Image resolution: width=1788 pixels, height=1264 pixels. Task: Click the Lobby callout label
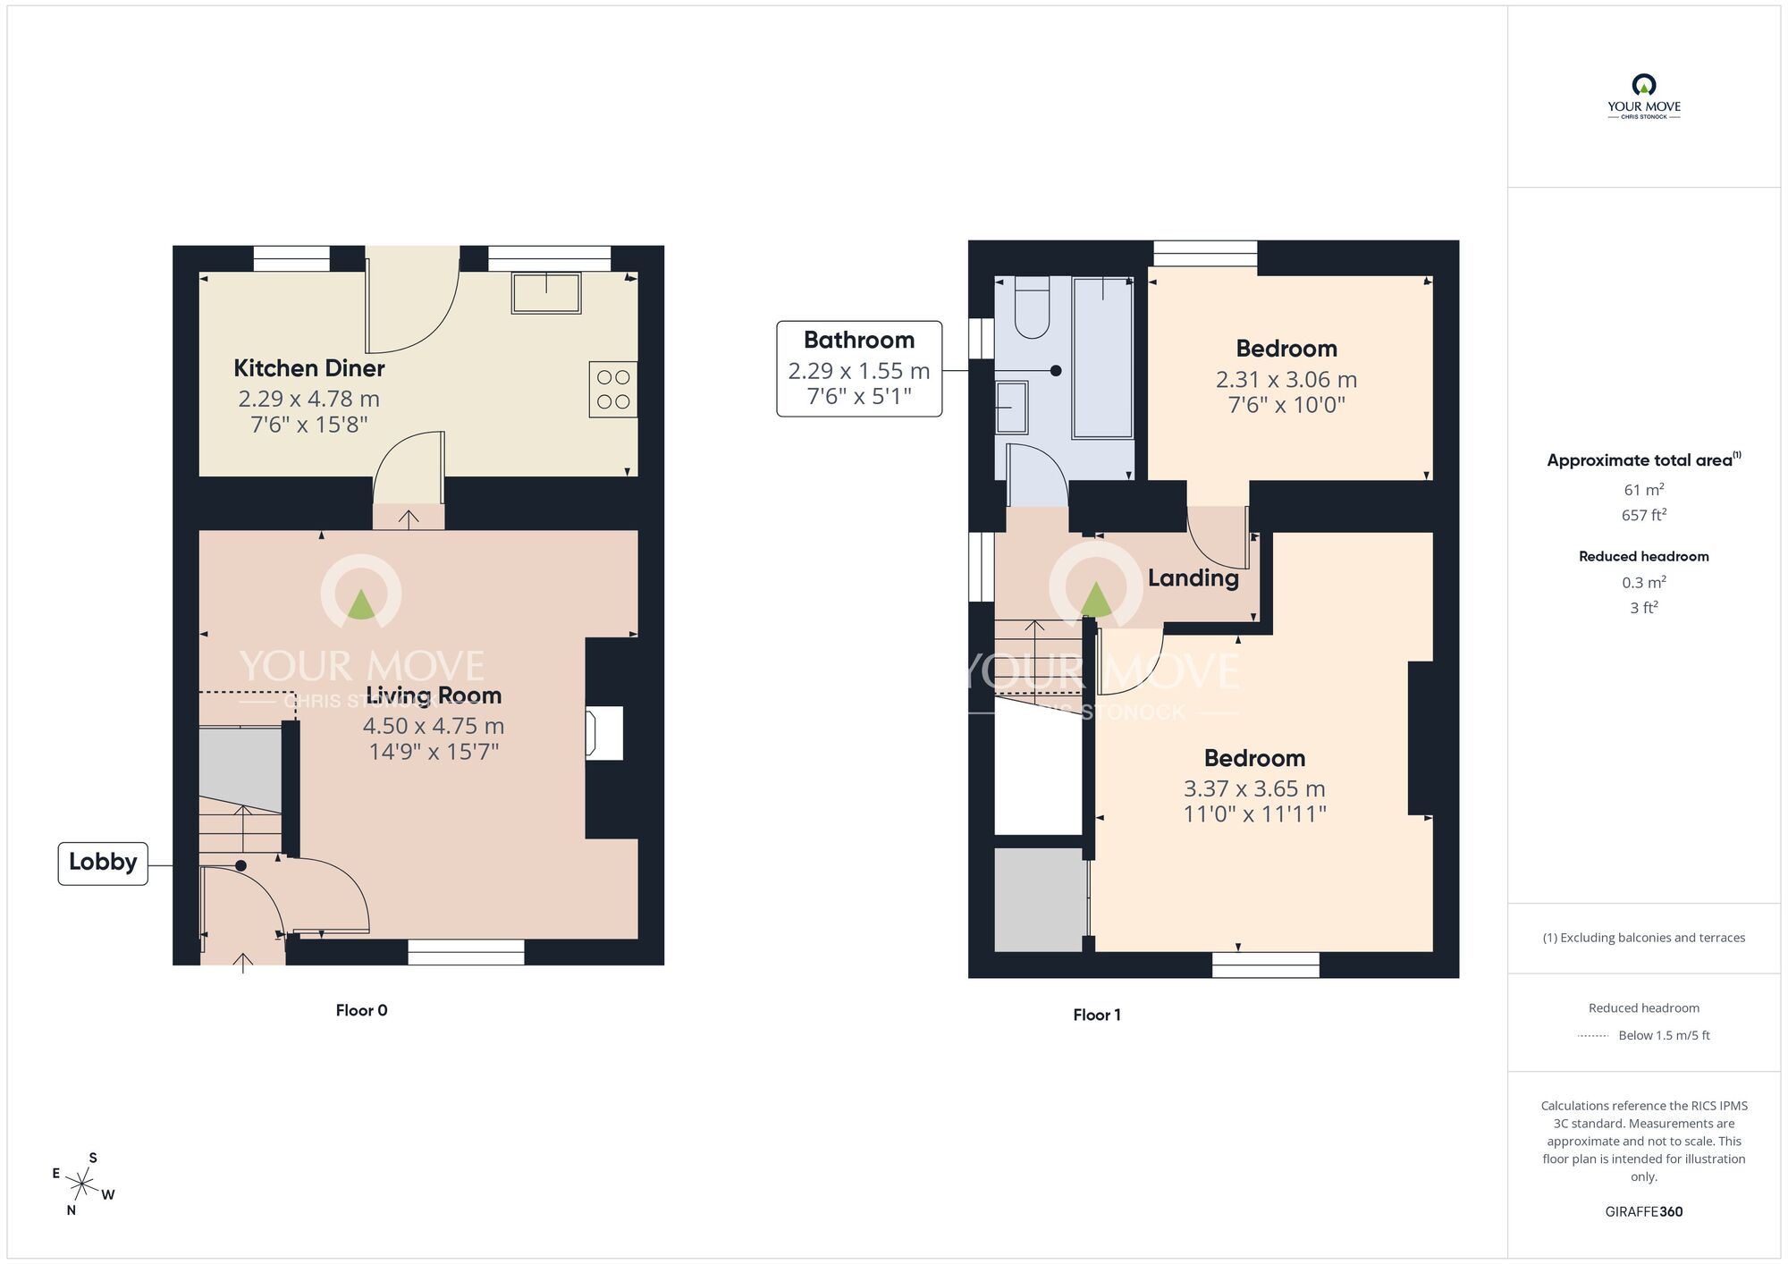103,863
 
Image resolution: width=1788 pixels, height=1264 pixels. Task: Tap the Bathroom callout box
858,368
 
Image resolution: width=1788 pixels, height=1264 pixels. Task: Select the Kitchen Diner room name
308,368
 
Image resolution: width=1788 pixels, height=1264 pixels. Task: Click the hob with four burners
613,389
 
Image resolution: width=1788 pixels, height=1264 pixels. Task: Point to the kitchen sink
546,292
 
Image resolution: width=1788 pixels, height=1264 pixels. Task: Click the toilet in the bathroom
1032,308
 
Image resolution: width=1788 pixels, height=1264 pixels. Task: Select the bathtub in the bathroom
1102,358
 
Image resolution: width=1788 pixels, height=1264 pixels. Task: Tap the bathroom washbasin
1012,408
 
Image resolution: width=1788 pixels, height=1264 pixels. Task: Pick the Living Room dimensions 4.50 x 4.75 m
434,726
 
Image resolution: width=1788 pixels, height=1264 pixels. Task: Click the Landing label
1193,578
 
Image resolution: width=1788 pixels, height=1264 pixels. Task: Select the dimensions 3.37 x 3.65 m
1254,788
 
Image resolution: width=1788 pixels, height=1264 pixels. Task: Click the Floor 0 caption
361,1010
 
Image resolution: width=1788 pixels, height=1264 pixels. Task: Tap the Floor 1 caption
1096,1015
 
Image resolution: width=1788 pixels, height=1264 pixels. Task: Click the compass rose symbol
82,1185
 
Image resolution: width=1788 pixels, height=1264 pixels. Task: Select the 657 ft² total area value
1643,515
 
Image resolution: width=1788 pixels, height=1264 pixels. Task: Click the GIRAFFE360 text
1643,1212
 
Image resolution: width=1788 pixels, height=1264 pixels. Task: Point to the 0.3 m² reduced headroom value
1643,582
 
